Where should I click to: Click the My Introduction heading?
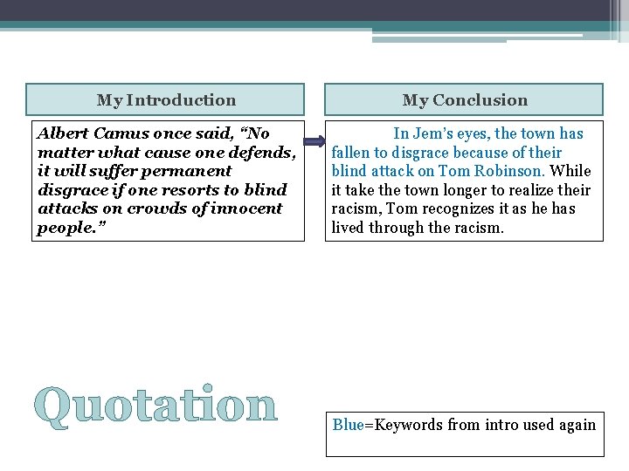pos(166,100)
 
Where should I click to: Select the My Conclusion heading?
pos(465,100)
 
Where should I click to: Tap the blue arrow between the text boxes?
pos(314,141)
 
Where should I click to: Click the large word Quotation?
pos(158,406)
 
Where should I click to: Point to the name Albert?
pos(63,133)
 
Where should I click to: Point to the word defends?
pos(261,153)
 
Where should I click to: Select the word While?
pos(570,171)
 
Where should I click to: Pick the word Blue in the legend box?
pos(348,426)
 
